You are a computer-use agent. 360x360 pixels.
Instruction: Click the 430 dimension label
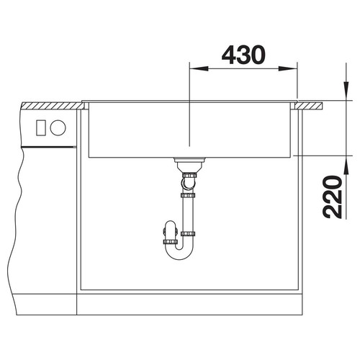pyautogui.click(x=243, y=55)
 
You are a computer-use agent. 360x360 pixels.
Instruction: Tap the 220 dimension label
pyautogui.click(x=332, y=197)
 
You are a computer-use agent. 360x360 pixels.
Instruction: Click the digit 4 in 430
pyautogui.click(x=229, y=55)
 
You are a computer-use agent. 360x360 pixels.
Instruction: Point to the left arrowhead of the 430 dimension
pyautogui.click(x=199, y=69)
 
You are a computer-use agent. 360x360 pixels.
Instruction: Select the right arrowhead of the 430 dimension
pyautogui.click(x=288, y=69)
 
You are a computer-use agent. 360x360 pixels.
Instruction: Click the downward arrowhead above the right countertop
pyautogui.click(x=346, y=91)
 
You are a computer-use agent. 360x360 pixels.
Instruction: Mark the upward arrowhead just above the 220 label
pyautogui.click(x=346, y=165)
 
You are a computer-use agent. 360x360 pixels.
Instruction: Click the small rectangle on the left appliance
pyautogui.click(x=40, y=128)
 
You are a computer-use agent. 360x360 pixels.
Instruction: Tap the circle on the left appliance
pyautogui.click(x=58, y=127)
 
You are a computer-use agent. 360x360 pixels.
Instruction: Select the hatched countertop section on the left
pyautogui.click(x=53, y=106)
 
